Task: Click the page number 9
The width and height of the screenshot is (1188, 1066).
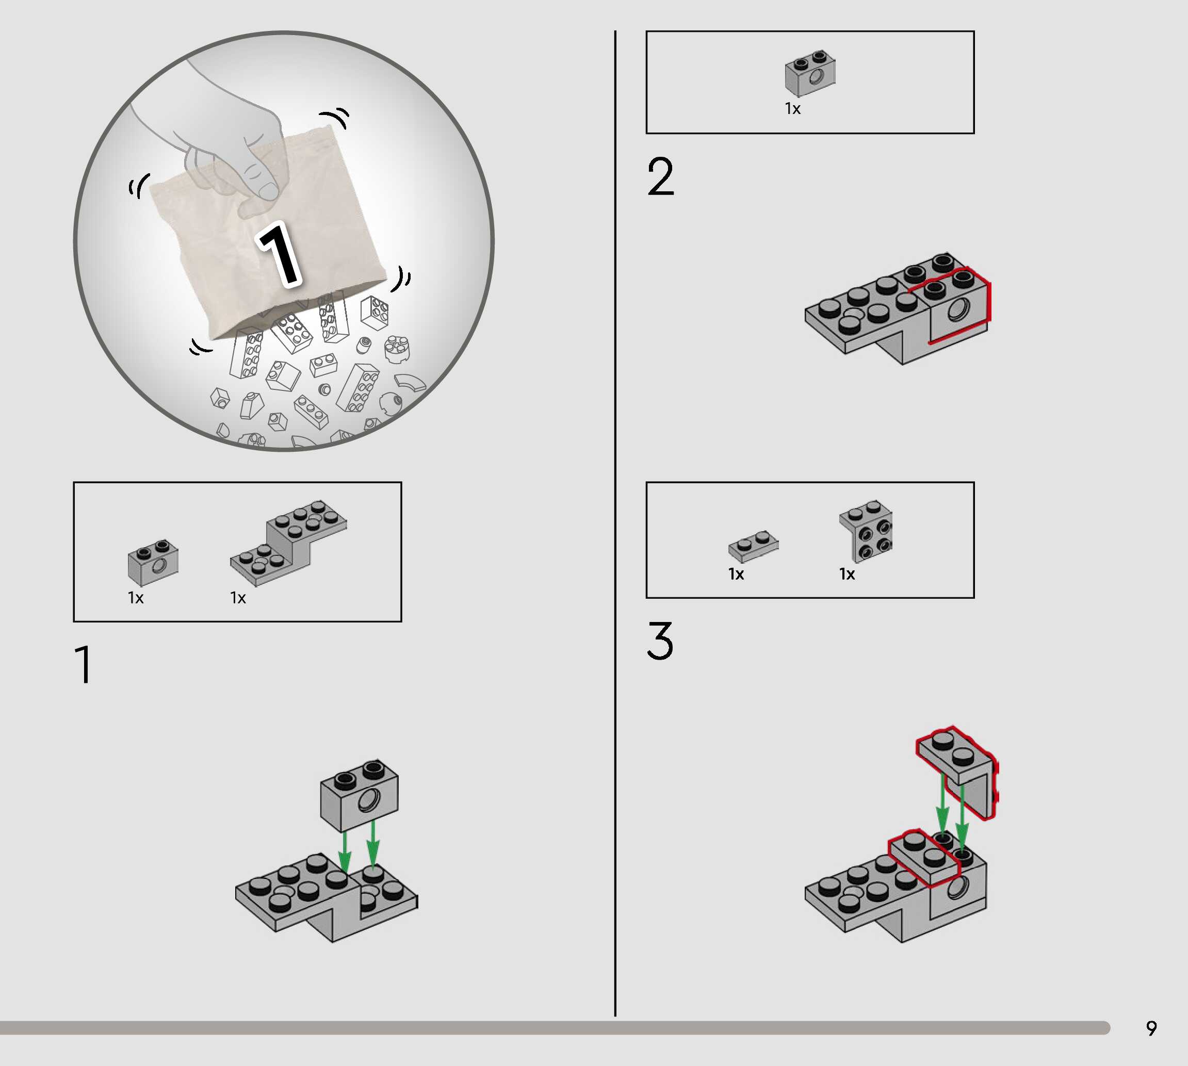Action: pos(1151,1028)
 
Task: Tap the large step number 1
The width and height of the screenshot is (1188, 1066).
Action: pos(84,664)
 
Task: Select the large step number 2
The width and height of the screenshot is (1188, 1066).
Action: pos(661,176)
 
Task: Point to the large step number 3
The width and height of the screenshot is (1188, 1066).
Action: pos(660,640)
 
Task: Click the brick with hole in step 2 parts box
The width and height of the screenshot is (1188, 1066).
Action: pos(810,73)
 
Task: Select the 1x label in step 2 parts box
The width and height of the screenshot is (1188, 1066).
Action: pos(792,109)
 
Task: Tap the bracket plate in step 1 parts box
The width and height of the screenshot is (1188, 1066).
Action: pos(288,543)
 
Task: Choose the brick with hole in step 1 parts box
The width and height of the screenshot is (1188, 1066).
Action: pos(153,562)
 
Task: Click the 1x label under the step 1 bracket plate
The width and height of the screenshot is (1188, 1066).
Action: pos(238,598)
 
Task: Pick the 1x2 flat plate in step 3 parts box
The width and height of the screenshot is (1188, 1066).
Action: pos(753,547)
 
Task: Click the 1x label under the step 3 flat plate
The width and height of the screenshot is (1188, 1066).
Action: pos(736,575)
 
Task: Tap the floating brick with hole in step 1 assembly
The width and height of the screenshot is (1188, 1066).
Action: pos(359,795)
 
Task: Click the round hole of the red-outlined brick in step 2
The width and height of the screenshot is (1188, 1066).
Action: pos(958,309)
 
